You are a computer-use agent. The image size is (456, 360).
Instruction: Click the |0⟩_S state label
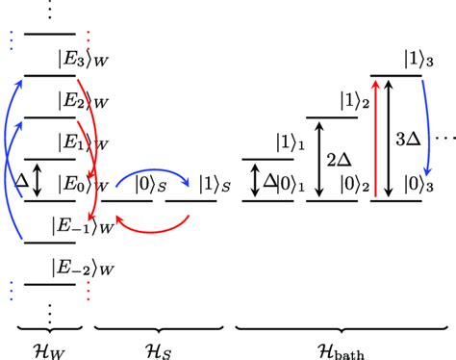point(153,183)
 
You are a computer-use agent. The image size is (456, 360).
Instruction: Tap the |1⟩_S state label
point(213,183)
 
